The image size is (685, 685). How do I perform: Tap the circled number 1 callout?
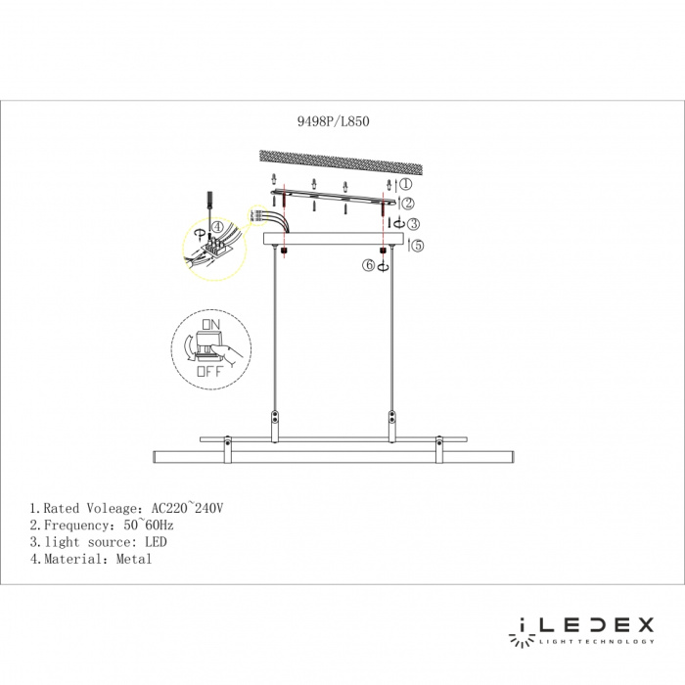(x=405, y=183)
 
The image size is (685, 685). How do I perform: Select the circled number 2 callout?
(x=407, y=202)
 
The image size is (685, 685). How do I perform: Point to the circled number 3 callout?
(x=414, y=224)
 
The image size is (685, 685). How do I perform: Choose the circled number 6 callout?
(x=370, y=264)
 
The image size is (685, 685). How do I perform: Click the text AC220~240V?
(x=189, y=509)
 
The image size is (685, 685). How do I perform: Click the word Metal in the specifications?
(x=133, y=559)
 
